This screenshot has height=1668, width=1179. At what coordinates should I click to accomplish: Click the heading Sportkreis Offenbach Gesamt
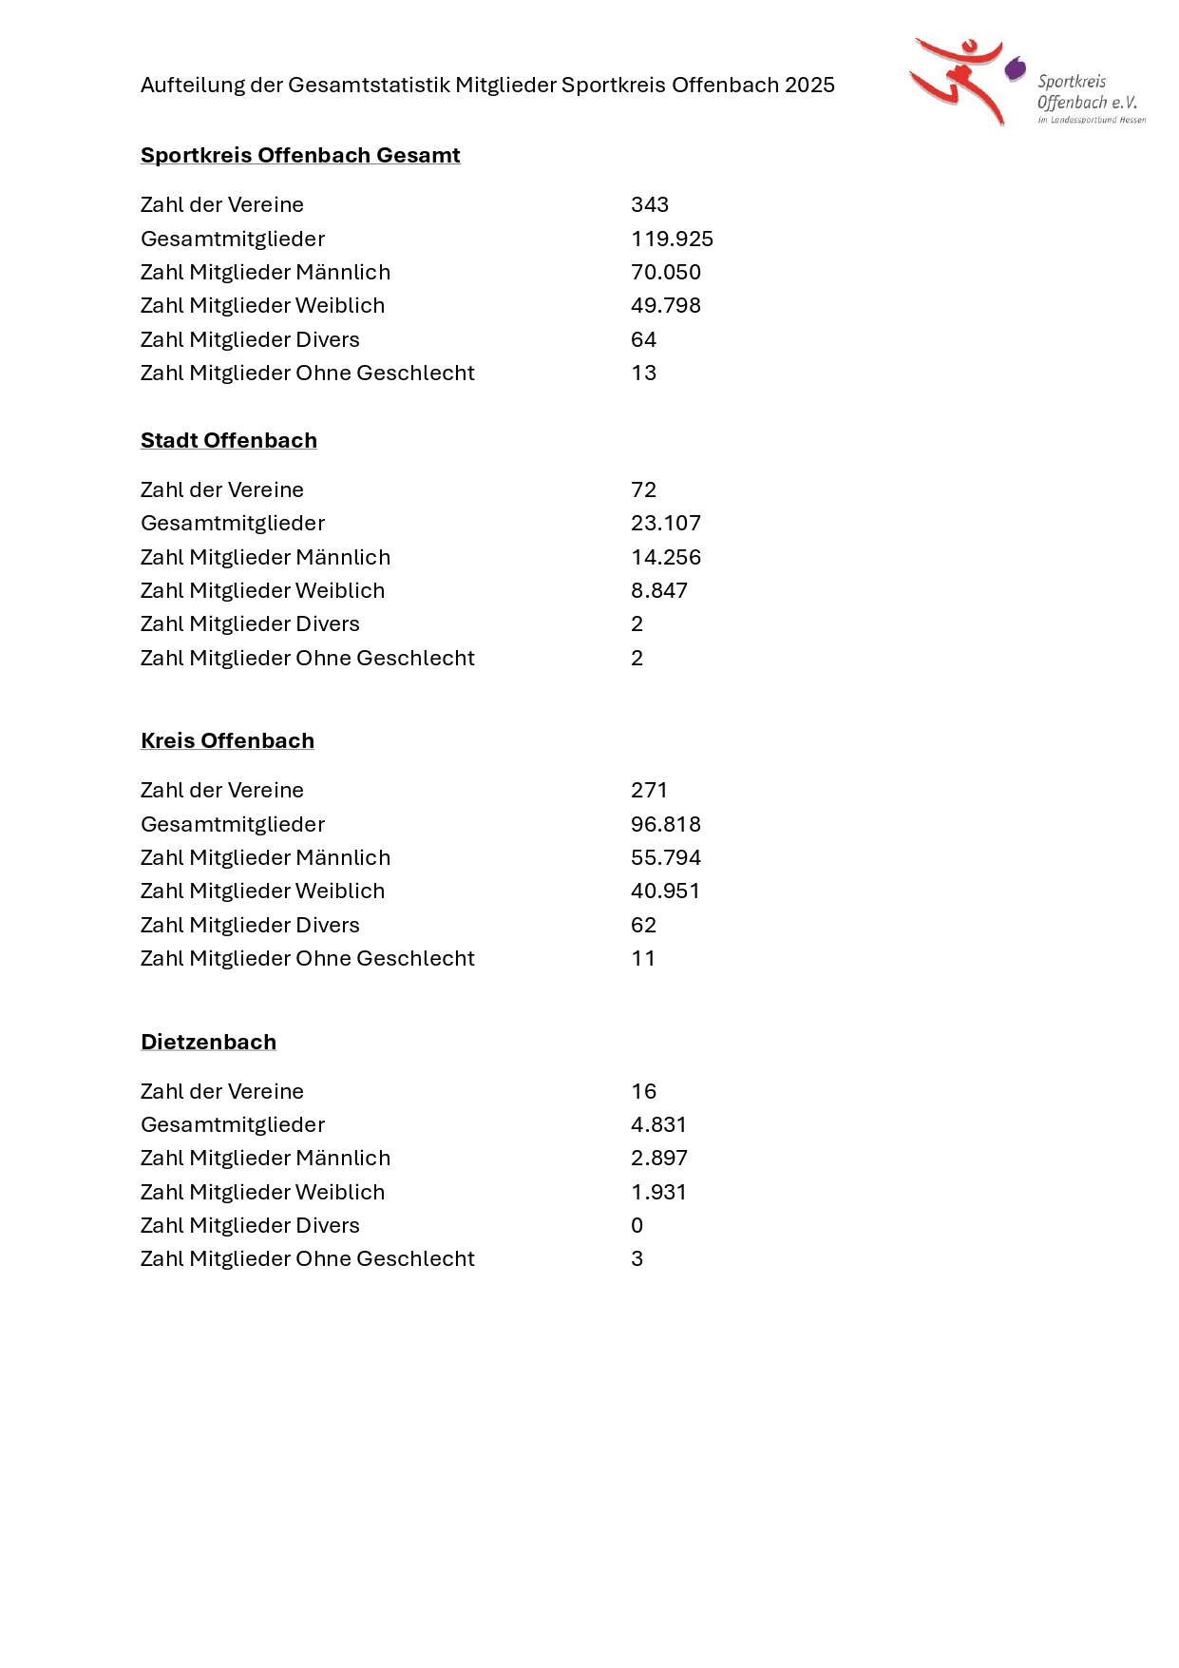[300, 155]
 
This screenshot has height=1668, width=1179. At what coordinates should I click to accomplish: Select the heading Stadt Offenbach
[229, 440]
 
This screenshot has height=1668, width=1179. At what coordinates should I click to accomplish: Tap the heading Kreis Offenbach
[227, 740]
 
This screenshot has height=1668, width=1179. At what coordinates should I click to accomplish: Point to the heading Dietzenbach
[208, 1042]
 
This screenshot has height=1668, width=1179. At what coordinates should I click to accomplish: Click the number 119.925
[672, 239]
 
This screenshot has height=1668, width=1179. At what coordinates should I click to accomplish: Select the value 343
[650, 204]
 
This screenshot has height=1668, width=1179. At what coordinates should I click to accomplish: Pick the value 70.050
[666, 272]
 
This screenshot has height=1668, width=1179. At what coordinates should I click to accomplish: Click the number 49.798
[666, 305]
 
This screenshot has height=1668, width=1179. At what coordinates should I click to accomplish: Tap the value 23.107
[666, 523]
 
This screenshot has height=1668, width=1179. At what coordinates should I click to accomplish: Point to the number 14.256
[666, 557]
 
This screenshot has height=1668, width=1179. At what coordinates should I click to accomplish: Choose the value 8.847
[659, 590]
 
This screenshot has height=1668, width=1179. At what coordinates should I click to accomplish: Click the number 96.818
[666, 824]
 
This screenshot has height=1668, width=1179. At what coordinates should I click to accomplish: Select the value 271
[650, 790]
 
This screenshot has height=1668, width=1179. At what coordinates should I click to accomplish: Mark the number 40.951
[666, 891]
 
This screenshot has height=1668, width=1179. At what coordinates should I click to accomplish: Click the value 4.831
[659, 1124]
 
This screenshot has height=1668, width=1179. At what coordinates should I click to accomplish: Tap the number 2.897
[659, 1158]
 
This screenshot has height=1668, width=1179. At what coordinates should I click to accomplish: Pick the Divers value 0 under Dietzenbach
[637, 1225]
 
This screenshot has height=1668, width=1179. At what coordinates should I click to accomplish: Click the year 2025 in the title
[809, 85]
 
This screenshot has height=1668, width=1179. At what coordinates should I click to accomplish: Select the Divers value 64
[644, 339]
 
